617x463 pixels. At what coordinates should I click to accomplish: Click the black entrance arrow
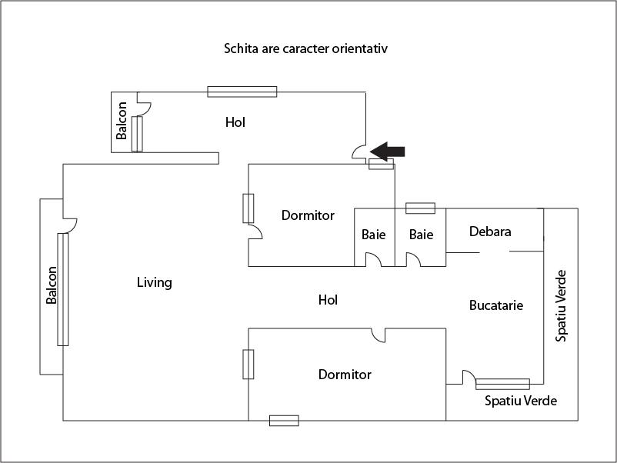point(388,151)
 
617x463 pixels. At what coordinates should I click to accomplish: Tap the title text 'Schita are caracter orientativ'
point(305,48)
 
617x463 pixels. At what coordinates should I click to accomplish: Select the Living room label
point(154,282)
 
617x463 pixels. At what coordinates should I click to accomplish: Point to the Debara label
point(490,231)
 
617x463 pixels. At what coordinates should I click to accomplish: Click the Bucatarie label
point(496,305)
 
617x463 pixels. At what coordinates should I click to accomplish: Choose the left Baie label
point(374,235)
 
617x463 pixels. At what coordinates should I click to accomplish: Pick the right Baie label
point(421,235)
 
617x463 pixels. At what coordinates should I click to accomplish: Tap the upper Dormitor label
point(308,215)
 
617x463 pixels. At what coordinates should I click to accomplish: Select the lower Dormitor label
point(345,375)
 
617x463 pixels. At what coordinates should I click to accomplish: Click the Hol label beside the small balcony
point(235,122)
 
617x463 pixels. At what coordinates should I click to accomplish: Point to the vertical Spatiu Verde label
point(562,305)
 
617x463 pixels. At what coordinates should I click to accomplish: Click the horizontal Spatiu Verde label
point(521,401)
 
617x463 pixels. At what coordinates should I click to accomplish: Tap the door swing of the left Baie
point(372,260)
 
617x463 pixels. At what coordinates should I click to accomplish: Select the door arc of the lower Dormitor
point(378,335)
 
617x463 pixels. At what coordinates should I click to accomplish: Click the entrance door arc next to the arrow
point(359,152)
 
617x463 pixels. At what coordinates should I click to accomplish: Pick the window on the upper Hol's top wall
point(242,92)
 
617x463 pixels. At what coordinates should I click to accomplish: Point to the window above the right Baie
point(420,208)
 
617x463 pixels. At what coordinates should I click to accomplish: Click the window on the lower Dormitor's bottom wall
point(284,420)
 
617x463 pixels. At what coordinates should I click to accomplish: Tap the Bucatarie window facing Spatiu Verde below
point(502,384)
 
